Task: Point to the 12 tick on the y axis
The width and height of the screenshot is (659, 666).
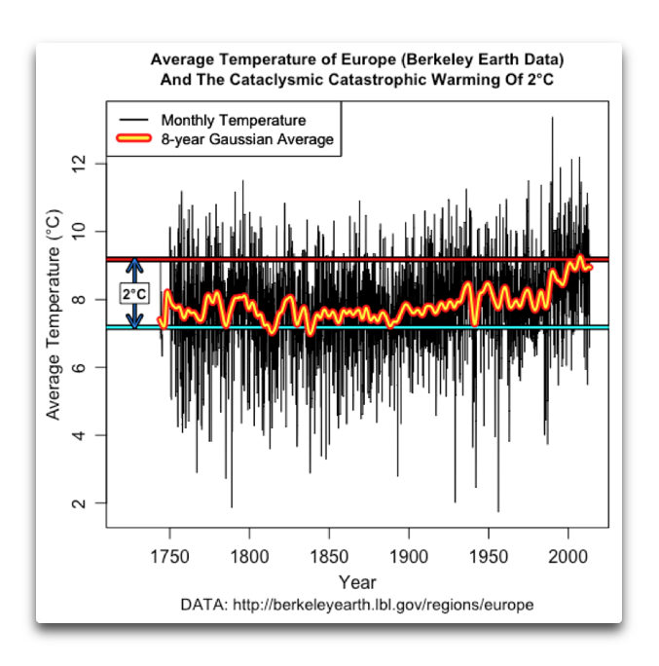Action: [x=80, y=163]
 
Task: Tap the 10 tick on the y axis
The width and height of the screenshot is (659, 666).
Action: [x=80, y=231]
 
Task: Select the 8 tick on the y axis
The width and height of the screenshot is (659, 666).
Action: [x=80, y=299]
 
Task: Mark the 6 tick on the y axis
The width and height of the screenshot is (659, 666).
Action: [x=80, y=367]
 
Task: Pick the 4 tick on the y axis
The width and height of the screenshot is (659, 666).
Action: [x=80, y=435]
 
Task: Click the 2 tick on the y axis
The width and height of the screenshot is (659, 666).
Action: [x=80, y=503]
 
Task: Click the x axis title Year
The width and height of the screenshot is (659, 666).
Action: [x=357, y=582]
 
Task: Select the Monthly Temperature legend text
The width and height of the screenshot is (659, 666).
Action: [x=234, y=121]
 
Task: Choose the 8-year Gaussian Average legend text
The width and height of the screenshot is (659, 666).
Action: [x=247, y=139]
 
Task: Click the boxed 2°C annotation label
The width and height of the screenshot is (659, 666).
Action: [x=134, y=293]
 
